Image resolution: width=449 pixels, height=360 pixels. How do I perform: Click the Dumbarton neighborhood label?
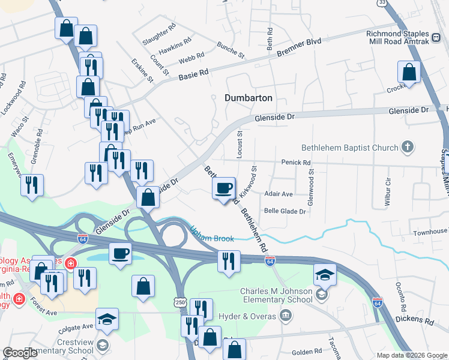click(248, 98)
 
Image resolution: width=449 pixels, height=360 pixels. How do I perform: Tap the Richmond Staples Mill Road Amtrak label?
click(399, 37)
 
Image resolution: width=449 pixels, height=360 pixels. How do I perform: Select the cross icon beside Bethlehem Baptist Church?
click(408, 147)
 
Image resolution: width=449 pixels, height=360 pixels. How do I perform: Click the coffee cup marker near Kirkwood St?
click(224, 188)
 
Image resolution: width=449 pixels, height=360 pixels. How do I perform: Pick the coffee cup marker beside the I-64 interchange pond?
click(120, 254)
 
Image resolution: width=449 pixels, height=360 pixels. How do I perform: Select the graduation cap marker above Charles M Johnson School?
click(325, 275)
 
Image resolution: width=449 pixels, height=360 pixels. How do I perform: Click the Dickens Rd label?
click(415, 322)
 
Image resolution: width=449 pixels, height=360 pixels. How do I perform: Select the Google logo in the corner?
click(20, 353)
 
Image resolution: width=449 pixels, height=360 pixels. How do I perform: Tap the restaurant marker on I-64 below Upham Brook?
click(229, 261)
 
